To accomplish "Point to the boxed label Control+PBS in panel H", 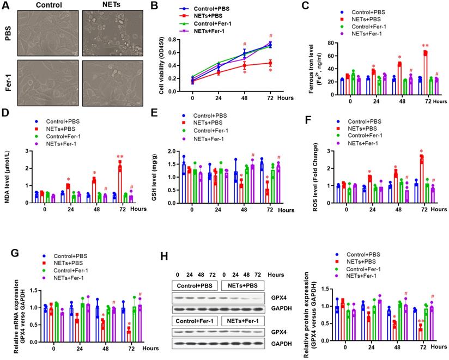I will pyautogui.click(x=196, y=285).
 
